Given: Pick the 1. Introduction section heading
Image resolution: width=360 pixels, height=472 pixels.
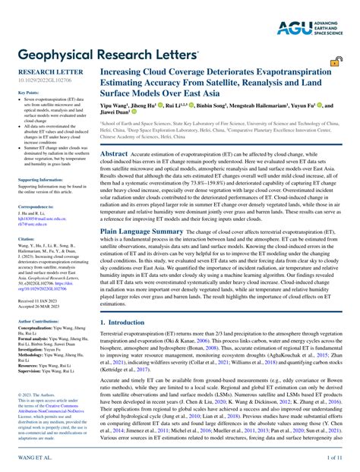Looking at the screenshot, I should point(124,323).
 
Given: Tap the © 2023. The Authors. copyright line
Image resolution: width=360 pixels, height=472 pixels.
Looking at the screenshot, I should point(35,373).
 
